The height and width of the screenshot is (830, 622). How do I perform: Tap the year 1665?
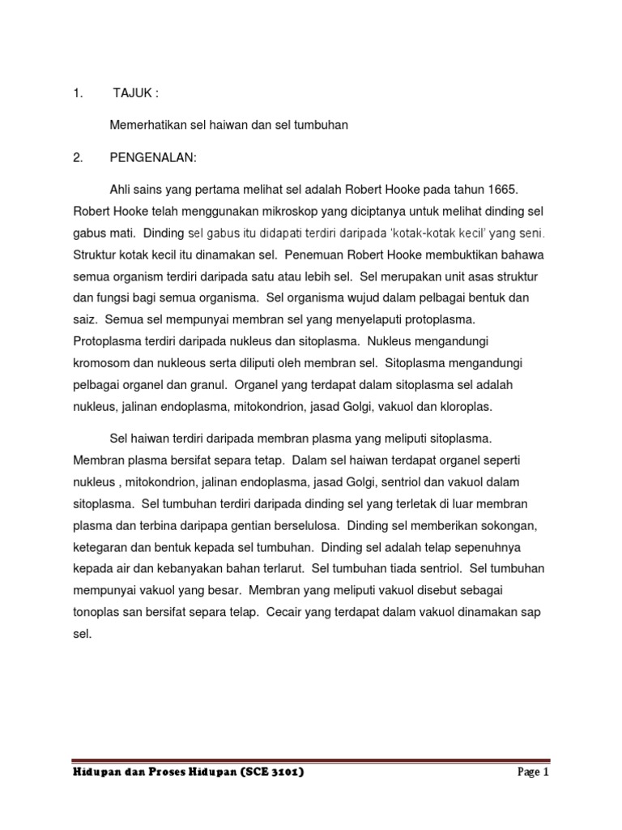tap(499, 189)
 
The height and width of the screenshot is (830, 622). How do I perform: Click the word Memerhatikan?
tap(147, 126)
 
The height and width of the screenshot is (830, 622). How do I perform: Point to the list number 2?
tap(78, 158)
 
